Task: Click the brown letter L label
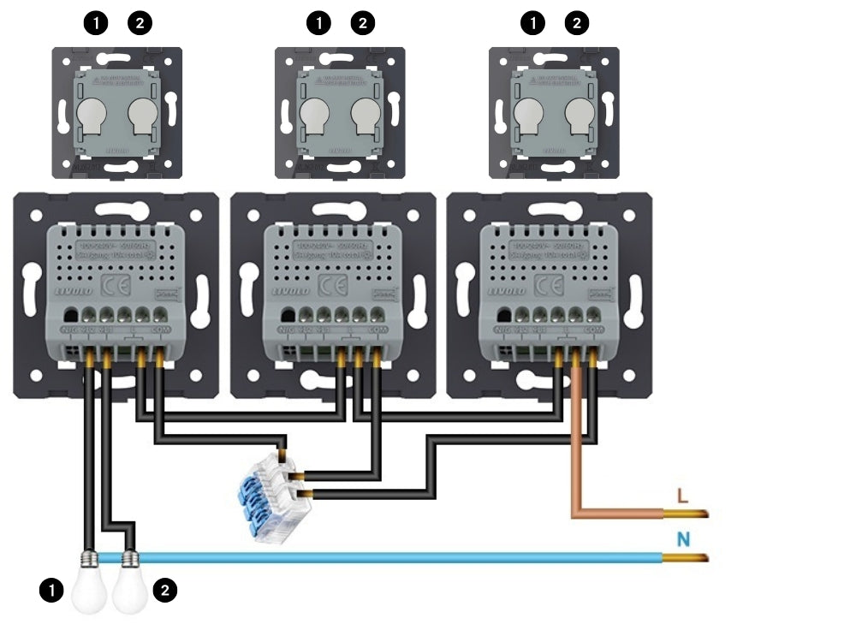click(x=682, y=496)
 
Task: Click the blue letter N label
click(x=684, y=539)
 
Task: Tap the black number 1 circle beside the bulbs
click(x=52, y=590)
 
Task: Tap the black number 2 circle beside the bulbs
click(x=165, y=590)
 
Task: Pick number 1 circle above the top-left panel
click(x=97, y=23)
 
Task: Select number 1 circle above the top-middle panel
click(x=318, y=23)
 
